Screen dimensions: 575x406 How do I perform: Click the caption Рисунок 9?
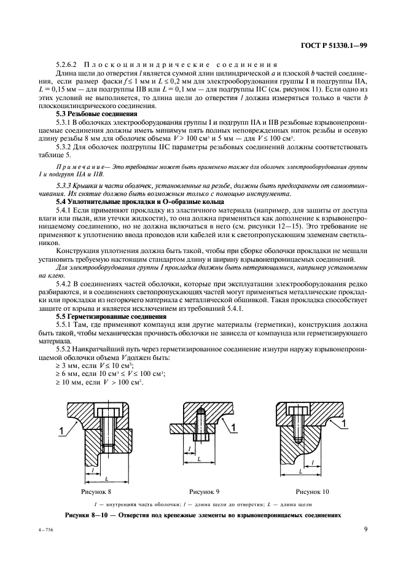(x=205, y=491)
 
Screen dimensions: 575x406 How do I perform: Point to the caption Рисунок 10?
(x=312, y=491)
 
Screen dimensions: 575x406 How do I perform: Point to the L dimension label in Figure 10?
(x=301, y=471)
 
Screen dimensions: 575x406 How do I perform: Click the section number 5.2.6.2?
(x=69, y=65)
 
